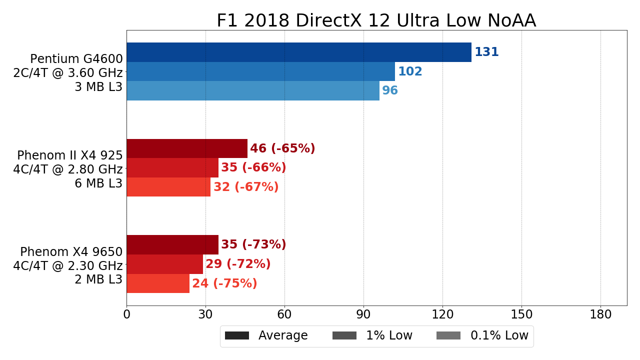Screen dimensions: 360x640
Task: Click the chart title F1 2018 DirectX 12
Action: [376, 21]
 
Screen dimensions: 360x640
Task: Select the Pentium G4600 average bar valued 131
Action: [298, 52]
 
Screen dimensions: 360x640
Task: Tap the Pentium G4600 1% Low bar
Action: [260, 71]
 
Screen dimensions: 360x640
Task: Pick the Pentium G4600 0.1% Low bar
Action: [252, 90]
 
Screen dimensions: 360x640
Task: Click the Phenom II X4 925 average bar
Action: [186, 148]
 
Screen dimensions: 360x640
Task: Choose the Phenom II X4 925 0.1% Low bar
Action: [168, 187]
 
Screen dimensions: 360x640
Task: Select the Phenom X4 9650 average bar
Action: [172, 244]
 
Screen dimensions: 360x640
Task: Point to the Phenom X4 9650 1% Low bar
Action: [164, 264]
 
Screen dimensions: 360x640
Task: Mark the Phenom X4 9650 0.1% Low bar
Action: [158, 283]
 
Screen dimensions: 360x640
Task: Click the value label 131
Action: [486, 52]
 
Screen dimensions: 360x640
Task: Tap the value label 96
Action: [390, 91]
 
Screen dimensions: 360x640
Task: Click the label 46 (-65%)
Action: [282, 149]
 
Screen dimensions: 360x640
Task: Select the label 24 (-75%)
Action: [224, 284]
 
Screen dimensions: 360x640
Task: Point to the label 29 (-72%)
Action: [238, 264]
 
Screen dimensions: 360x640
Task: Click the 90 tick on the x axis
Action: [363, 314]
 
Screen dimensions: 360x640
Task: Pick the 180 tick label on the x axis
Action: [600, 314]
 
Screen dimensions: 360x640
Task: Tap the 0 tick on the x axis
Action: [126, 314]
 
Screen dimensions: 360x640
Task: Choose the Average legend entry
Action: [266, 336]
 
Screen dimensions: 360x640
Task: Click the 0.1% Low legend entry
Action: [482, 336]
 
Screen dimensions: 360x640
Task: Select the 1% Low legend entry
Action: [372, 336]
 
